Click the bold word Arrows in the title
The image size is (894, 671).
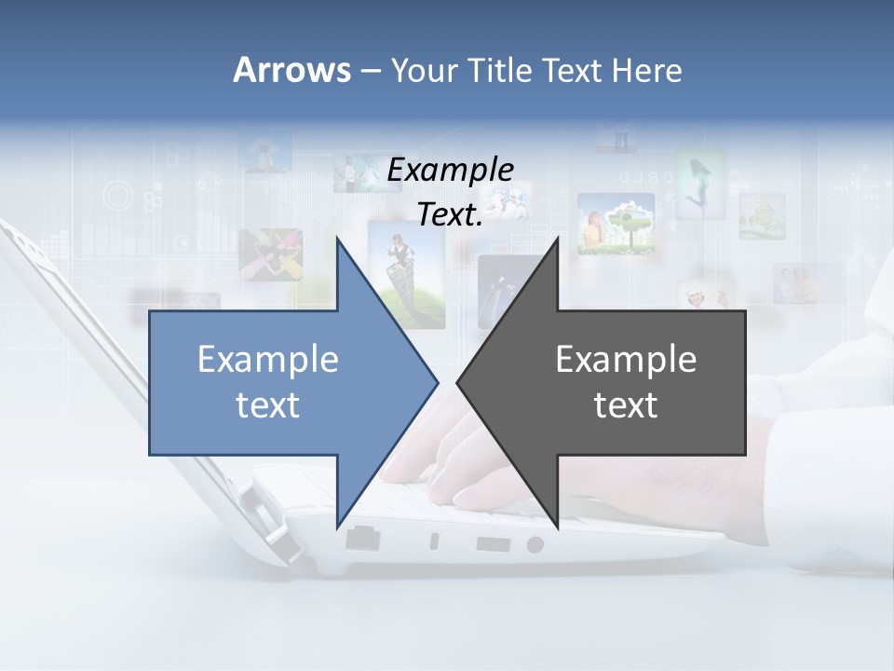coord(291,70)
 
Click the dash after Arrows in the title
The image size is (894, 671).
coord(369,71)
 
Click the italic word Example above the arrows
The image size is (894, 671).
coord(450,170)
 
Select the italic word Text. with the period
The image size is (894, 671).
coord(450,214)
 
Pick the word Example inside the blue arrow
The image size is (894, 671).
coord(267,359)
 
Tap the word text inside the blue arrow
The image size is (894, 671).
coord(267,405)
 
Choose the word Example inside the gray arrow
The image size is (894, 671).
coord(626,359)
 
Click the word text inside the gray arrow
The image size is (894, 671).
coord(626,405)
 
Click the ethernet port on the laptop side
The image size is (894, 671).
coord(360,539)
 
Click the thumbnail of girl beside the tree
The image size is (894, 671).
coord(615,224)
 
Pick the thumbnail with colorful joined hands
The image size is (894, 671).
coord(270,254)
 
